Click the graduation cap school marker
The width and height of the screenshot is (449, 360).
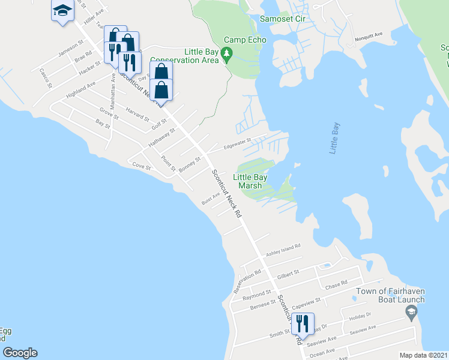[x=62, y=12]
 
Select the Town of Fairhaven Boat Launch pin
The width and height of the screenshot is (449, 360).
[x=411, y=311]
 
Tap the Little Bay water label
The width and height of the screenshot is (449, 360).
[x=334, y=139]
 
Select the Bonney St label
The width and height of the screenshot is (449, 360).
[x=189, y=163]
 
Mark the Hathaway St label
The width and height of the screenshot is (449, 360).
[x=162, y=137]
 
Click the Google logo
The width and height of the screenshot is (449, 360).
[x=20, y=353]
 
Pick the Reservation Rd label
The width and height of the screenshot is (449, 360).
[x=247, y=281]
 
